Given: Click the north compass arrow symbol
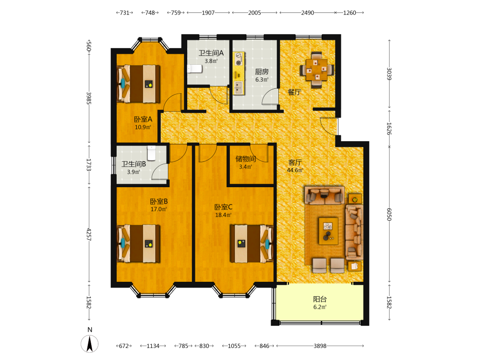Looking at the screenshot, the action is (90, 344).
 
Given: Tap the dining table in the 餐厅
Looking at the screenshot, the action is (316, 70).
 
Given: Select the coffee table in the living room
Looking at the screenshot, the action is (328, 231).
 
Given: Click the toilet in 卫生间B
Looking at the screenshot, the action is (152, 153).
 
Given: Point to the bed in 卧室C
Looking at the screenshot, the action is (252, 244).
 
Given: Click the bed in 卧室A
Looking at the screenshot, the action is (138, 84).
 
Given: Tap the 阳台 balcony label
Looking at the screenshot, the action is (320, 299).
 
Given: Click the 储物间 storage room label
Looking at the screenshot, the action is (245, 159).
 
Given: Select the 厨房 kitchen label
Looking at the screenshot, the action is (262, 72).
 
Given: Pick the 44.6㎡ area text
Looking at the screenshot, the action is (295, 170).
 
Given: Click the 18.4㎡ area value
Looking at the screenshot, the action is (223, 215).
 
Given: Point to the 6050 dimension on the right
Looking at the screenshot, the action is (389, 214).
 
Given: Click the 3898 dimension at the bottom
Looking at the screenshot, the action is (320, 346).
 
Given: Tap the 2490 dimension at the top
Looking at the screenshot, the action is (307, 13).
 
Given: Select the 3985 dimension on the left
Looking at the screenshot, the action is (89, 98).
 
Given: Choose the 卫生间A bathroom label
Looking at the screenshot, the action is (211, 53).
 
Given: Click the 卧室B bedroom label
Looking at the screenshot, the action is (158, 202).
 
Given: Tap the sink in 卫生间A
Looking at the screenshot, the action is (195, 69).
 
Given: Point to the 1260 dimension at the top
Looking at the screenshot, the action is (349, 13).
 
